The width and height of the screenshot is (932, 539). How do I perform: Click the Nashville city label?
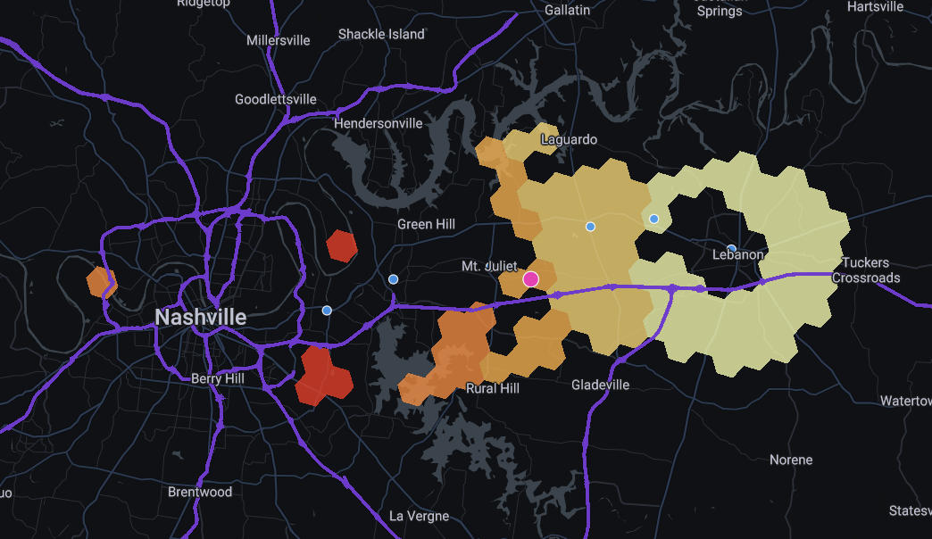pos(201,317)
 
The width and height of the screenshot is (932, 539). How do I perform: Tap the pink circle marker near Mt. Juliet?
pos(531,279)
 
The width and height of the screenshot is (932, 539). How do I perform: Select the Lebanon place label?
pos(738,254)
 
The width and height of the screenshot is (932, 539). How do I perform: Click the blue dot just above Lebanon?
pos(731,250)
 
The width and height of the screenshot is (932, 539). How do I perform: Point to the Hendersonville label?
pos(378,123)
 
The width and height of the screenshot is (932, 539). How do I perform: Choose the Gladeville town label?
pos(600,385)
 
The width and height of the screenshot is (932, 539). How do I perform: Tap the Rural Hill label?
pos(493,388)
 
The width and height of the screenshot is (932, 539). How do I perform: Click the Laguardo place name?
pos(569,139)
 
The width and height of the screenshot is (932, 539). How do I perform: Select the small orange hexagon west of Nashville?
pos(102,282)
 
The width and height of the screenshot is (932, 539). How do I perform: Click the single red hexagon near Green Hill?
pos(342,245)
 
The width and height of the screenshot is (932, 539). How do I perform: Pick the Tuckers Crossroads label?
pos(866,270)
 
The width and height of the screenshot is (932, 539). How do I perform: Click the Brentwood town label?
pos(200,492)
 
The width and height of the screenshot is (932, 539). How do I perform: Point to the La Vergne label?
pos(420,516)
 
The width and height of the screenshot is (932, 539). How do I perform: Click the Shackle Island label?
pos(381,34)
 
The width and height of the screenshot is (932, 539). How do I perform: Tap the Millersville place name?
pos(279,40)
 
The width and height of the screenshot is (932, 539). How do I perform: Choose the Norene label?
pos(791,460)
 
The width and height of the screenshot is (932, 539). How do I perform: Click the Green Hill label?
pos(426,224)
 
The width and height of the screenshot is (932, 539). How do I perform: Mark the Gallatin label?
pos(567,10)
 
